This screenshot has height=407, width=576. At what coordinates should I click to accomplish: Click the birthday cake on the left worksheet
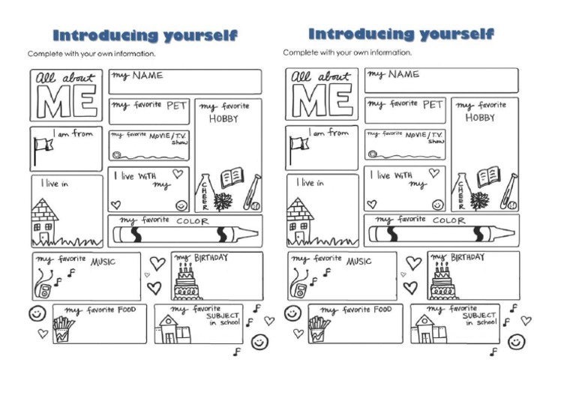(x=188, y=283)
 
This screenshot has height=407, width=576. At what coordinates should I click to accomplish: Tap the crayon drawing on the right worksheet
(x=439, y=234)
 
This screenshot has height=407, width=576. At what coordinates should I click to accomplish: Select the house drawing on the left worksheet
(x=45, y=222)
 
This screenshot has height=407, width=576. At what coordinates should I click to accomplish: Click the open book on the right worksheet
(x=487, y=177)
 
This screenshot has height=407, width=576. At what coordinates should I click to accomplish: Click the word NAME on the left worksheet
(x=148, y=76)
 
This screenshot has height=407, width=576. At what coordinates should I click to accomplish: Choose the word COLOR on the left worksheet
(x=192, y=221)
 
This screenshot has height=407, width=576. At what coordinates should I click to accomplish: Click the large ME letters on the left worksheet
(x=67, y=103)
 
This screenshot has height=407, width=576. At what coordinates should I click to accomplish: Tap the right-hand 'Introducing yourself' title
(x=400, y=34)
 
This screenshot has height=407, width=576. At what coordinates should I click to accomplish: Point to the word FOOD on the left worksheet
(x=123, y=310)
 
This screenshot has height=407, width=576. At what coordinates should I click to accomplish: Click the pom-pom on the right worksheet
(x=479, y=201)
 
